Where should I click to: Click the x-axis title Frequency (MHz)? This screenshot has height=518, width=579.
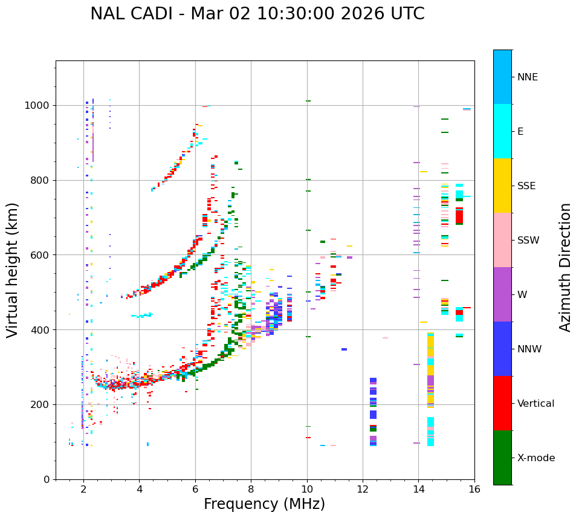click(x=264, y=504)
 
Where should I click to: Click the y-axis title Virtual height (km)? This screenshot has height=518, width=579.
click(x=13, y=270)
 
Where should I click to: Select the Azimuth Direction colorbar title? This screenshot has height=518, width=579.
click(x=565, y=267)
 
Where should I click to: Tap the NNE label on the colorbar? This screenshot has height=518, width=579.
click(x=527, y=77)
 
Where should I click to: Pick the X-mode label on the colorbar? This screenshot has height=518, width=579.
click(x=535, y=458)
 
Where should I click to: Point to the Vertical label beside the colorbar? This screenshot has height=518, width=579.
click(x=535, y=404)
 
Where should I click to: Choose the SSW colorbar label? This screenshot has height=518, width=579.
click(x=528, y=241)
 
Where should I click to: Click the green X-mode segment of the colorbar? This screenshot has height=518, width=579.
click(x=502, y=458)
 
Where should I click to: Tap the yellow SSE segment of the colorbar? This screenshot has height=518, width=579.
click(x=502, y=186)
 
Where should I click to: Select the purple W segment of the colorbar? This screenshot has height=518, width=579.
click(x=502, y=294)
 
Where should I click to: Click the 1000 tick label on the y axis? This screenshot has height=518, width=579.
click(x=37, y=106)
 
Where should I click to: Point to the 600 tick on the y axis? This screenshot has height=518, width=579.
click(x=41, y=255)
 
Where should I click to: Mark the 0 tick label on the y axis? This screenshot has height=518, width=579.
click(x=47, y=479)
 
